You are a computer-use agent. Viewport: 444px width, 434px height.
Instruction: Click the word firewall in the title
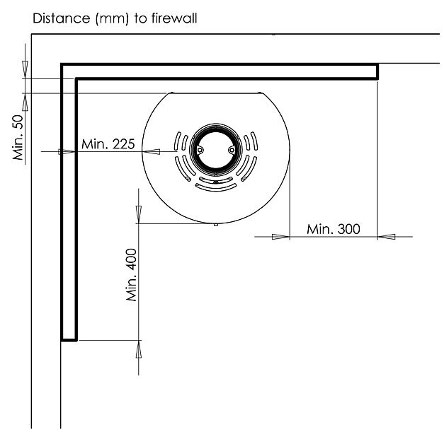[174, 18]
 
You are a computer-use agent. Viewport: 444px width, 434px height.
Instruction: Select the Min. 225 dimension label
[108, 144]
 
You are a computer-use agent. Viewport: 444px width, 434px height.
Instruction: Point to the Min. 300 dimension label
[334, 229]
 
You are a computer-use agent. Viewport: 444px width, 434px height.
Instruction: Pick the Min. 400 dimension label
[132, 275]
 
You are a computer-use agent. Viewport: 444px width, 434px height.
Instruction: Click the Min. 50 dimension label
[18, 137]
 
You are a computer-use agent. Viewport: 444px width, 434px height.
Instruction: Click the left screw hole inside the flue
[200, 150]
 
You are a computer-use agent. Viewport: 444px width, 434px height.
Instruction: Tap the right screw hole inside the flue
[232, 150]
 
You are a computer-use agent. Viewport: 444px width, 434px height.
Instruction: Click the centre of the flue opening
[216, 150]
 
